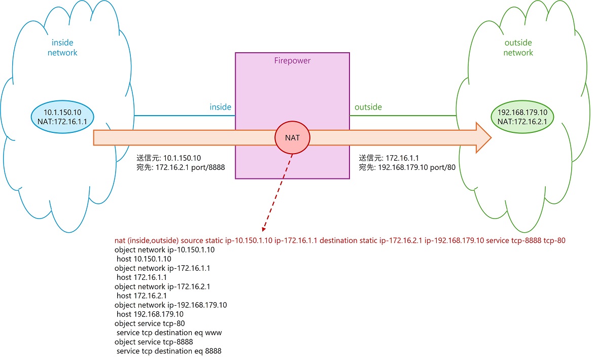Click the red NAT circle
click(x=293, y=137)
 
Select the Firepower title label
click(x=292, y=61)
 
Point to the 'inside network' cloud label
click(x=62, y=48)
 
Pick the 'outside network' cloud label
click(x=518, y=48)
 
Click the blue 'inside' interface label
click(x=221, y=107)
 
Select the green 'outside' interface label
click(x=368, y=107)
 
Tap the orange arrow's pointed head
click(x=483, y=137)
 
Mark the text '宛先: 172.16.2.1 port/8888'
click(x=181, y=167)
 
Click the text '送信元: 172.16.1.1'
click(x=389, y=158)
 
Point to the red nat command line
click(x=340, y=241)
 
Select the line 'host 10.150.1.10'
click(x=144, y=259)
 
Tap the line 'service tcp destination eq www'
click(x=169, y=333)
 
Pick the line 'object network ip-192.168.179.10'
click(x=170, y=305)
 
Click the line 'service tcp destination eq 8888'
click(x=169, y=351)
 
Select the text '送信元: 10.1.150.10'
click(x=169, y=158)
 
